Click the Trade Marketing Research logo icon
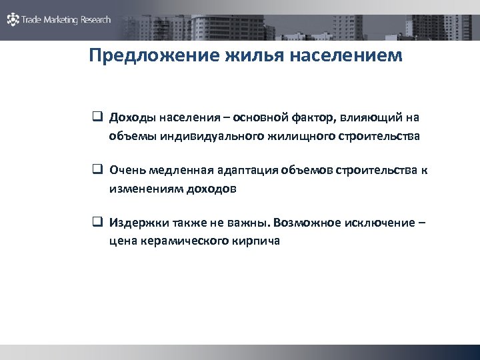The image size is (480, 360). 13,20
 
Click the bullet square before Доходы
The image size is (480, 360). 97,118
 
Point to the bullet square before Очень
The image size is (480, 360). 97,170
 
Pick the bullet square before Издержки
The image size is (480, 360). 97,222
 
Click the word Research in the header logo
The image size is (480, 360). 97,20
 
